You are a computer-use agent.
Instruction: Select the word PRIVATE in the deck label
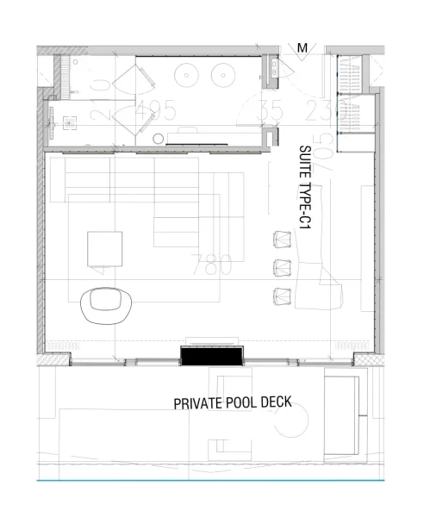(203, 403)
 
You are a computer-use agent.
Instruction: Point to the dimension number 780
(213, 265)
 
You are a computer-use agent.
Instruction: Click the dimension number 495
(156, 110)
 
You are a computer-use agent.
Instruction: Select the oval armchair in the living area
(107, 303)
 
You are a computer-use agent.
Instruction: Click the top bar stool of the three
(283, 238)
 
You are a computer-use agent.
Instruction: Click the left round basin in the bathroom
(188, 75)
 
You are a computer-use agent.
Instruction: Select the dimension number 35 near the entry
(271, 110)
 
